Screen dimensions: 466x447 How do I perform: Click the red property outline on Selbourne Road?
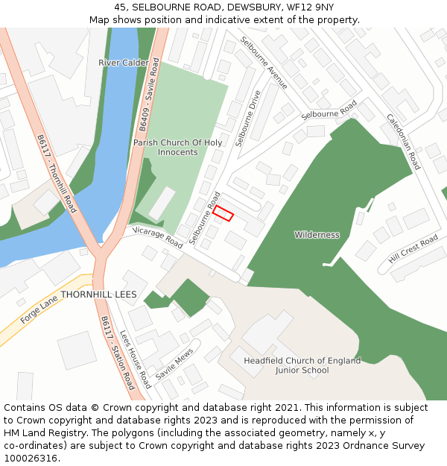(x=223, y=214)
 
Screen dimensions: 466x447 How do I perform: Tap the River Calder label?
(x=123, y=63)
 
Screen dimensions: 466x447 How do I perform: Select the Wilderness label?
(x=317, y=235)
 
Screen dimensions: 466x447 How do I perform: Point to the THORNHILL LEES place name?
(x=98, y=295)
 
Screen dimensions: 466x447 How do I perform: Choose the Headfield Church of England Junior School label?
(x=302, y=365)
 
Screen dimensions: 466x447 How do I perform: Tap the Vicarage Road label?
(x=158, y=237)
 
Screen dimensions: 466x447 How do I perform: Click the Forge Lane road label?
(x=39, y=307)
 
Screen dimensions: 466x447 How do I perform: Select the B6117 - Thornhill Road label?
(x=57, y=173)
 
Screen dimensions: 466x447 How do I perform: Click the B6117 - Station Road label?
(x=118, y=353)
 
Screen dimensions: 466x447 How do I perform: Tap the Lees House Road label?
(x=136, y=359)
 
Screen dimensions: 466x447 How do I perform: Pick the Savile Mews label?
(x=174, y=363)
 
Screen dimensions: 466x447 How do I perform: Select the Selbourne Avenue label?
(x=263, y=63)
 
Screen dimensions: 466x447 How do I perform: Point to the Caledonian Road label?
(x=403, y=142)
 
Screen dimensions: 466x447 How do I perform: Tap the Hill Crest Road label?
(x=413, y=249)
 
